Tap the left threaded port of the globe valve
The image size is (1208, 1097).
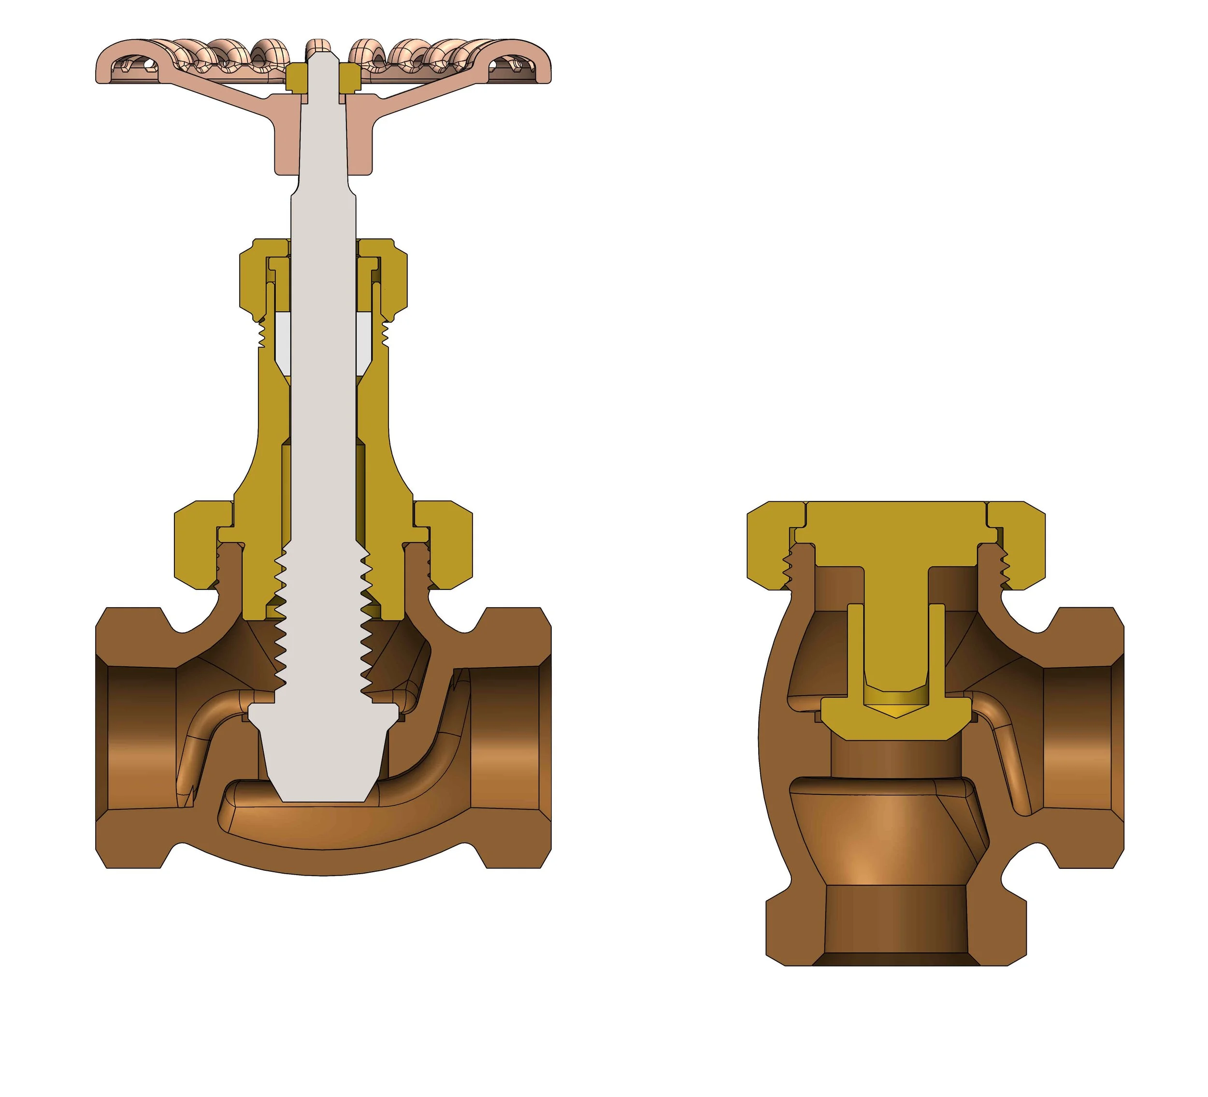(138, 737)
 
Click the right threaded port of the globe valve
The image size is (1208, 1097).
(509, 737)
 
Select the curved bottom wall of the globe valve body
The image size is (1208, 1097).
(324, 860)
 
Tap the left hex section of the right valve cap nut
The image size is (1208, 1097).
(770, 545)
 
